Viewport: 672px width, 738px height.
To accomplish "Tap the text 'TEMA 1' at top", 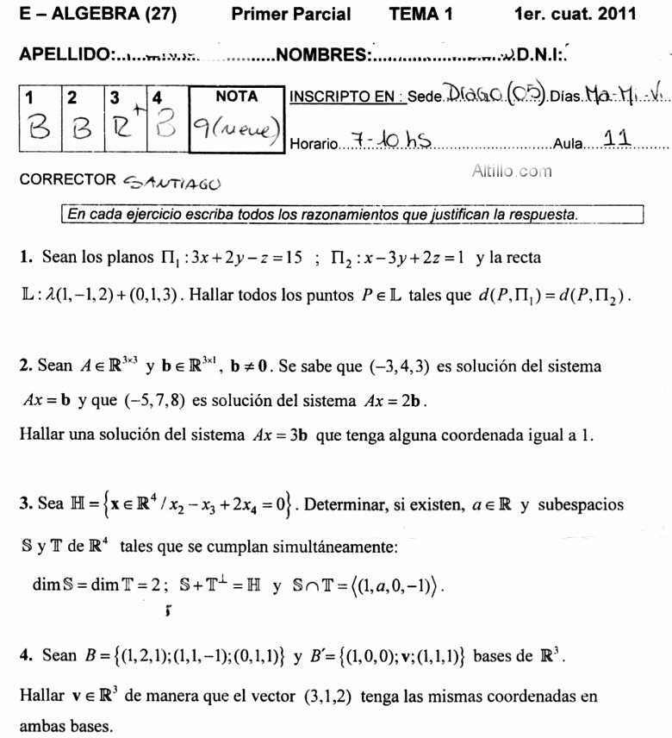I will (420, 14).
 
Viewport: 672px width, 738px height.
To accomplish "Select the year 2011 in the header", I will (617, 14).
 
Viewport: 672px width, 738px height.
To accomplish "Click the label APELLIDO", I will (65, 54).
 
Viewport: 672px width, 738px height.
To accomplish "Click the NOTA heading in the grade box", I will (236, 97).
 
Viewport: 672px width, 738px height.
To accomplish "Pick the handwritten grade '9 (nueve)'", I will (235, 131).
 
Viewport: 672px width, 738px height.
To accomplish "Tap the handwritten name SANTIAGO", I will (171, 182).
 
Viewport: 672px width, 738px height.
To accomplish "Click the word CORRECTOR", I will (67, 179).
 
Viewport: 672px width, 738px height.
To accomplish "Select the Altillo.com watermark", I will (512, 171).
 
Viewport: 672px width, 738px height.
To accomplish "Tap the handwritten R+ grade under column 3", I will (124, 131).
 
